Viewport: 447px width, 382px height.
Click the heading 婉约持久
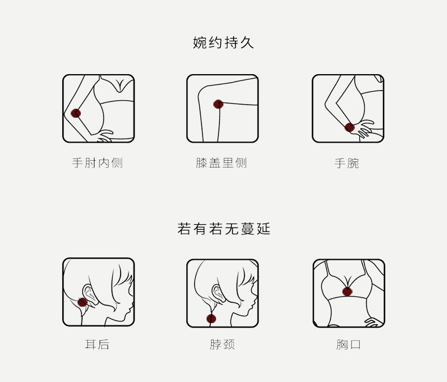tap(223, 43)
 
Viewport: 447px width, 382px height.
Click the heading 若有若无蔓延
tap(223, 229)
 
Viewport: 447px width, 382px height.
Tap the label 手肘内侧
tap(97, 163)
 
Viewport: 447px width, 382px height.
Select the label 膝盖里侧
tap(221, 163)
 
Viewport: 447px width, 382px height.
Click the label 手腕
tap(347, 163)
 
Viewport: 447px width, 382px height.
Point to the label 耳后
tap(97, 345)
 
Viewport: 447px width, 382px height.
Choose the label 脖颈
tap(222, 345)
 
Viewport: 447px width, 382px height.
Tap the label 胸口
tap(347, 345)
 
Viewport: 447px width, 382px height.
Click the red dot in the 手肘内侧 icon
tap(76, 113)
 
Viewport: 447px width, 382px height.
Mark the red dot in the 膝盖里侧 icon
tap(218, 104)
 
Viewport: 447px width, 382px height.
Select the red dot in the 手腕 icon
tap(350, 127)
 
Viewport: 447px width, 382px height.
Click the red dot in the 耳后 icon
tap(83, 302)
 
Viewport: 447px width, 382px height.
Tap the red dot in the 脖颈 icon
tap(211, 319)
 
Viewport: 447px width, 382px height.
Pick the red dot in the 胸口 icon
tap(347, 291)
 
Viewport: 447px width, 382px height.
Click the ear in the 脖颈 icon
tap(217, 293)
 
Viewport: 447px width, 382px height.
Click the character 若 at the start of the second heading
tap(184, 229)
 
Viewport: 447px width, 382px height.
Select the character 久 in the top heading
tap(247, 43)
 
